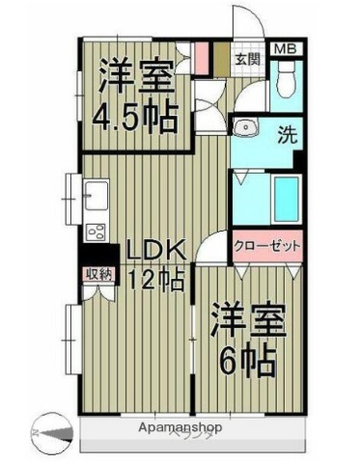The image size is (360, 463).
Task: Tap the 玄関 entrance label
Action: (x=246, y=57)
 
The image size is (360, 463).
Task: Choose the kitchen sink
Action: (x=96, y=198)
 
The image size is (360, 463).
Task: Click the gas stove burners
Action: (x=96, y=231)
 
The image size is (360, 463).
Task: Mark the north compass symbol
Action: (x=48, y=428)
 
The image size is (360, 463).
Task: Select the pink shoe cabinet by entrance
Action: (x=202, y=58)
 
